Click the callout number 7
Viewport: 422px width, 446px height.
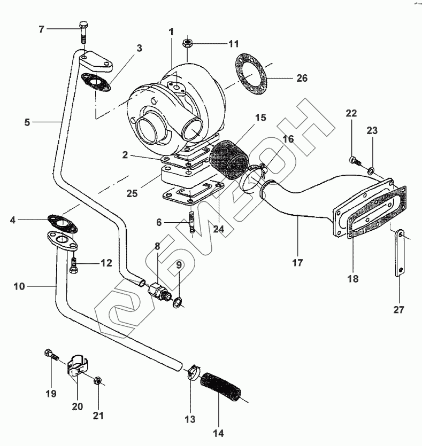pos(42,29)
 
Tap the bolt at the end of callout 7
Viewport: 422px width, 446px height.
pos(83,32)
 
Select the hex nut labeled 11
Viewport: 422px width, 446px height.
pos(188,43)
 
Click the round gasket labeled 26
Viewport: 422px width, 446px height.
pos(251,75)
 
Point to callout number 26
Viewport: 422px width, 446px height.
pos(302,78)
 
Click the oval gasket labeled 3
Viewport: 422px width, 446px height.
pos(96,82)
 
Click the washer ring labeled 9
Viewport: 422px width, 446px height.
pos(178,302)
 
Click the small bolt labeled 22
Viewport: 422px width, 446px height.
pos(355,160)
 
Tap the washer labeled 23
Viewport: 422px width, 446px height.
pos(371,171)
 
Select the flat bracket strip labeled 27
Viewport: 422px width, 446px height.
pos(400,252)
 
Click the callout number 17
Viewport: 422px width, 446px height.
pos(297,262)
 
